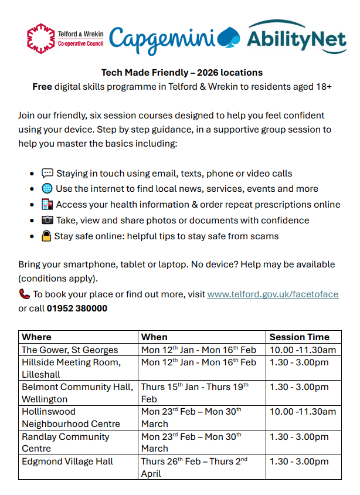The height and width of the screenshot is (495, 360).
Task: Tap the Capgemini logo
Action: click(x=170, y=39)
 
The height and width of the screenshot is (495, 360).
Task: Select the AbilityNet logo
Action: click(x=296, y=37)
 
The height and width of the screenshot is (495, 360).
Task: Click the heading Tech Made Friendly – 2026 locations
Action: click(x=182, y=73)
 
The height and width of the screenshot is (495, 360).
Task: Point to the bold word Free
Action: click(x=42, y=87)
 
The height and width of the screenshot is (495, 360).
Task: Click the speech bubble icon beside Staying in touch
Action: click(x=47, y=173)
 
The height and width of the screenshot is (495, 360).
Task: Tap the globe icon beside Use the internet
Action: click(x=47, y=189)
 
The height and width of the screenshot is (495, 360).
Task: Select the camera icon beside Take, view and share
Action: click(x=47, y=221)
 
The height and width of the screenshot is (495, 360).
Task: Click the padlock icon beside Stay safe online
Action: click(x=47, y=236)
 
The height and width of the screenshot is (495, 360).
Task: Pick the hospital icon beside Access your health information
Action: click(x=47, y=205)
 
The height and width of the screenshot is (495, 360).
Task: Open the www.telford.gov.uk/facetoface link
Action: click(x=273, y=294)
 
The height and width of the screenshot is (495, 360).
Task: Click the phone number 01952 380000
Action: click(x=77, y=308)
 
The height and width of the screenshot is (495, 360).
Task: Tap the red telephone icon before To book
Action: click(x=24, y=294)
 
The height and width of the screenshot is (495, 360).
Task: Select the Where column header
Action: click(x=36, y=337)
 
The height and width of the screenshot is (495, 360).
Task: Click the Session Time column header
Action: click(x=299, y=337)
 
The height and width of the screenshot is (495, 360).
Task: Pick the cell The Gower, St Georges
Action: click(x=70, y=350)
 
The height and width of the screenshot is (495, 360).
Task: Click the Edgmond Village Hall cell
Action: click(x=67, y=462)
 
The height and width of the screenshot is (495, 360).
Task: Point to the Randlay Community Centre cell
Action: click(x=65, y=442)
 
